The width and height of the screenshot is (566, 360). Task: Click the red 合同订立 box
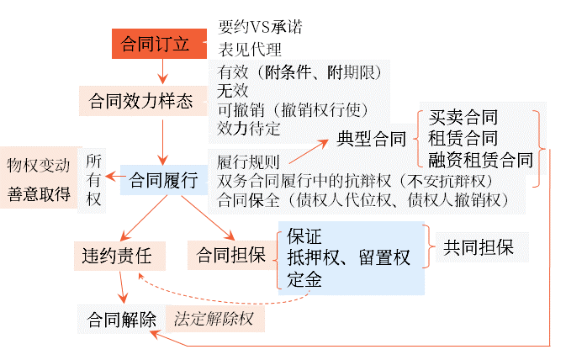(x=160, y=44)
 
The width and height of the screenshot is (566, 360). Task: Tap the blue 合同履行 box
(x=163, y=179)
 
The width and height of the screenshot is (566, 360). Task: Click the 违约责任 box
(x=117, y=252)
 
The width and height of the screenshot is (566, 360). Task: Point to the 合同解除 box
(x=121, y=320)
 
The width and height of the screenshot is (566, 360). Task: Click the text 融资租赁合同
(x=480, y=159)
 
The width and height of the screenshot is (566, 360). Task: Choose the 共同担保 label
(x=477, y=247)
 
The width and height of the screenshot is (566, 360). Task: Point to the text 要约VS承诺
(x=260, y=27)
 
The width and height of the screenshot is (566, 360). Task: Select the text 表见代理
(x=250, y=49)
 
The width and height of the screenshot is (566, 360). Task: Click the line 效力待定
(x=250, y=129)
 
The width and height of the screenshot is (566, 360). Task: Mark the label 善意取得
(x=39, y=193)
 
